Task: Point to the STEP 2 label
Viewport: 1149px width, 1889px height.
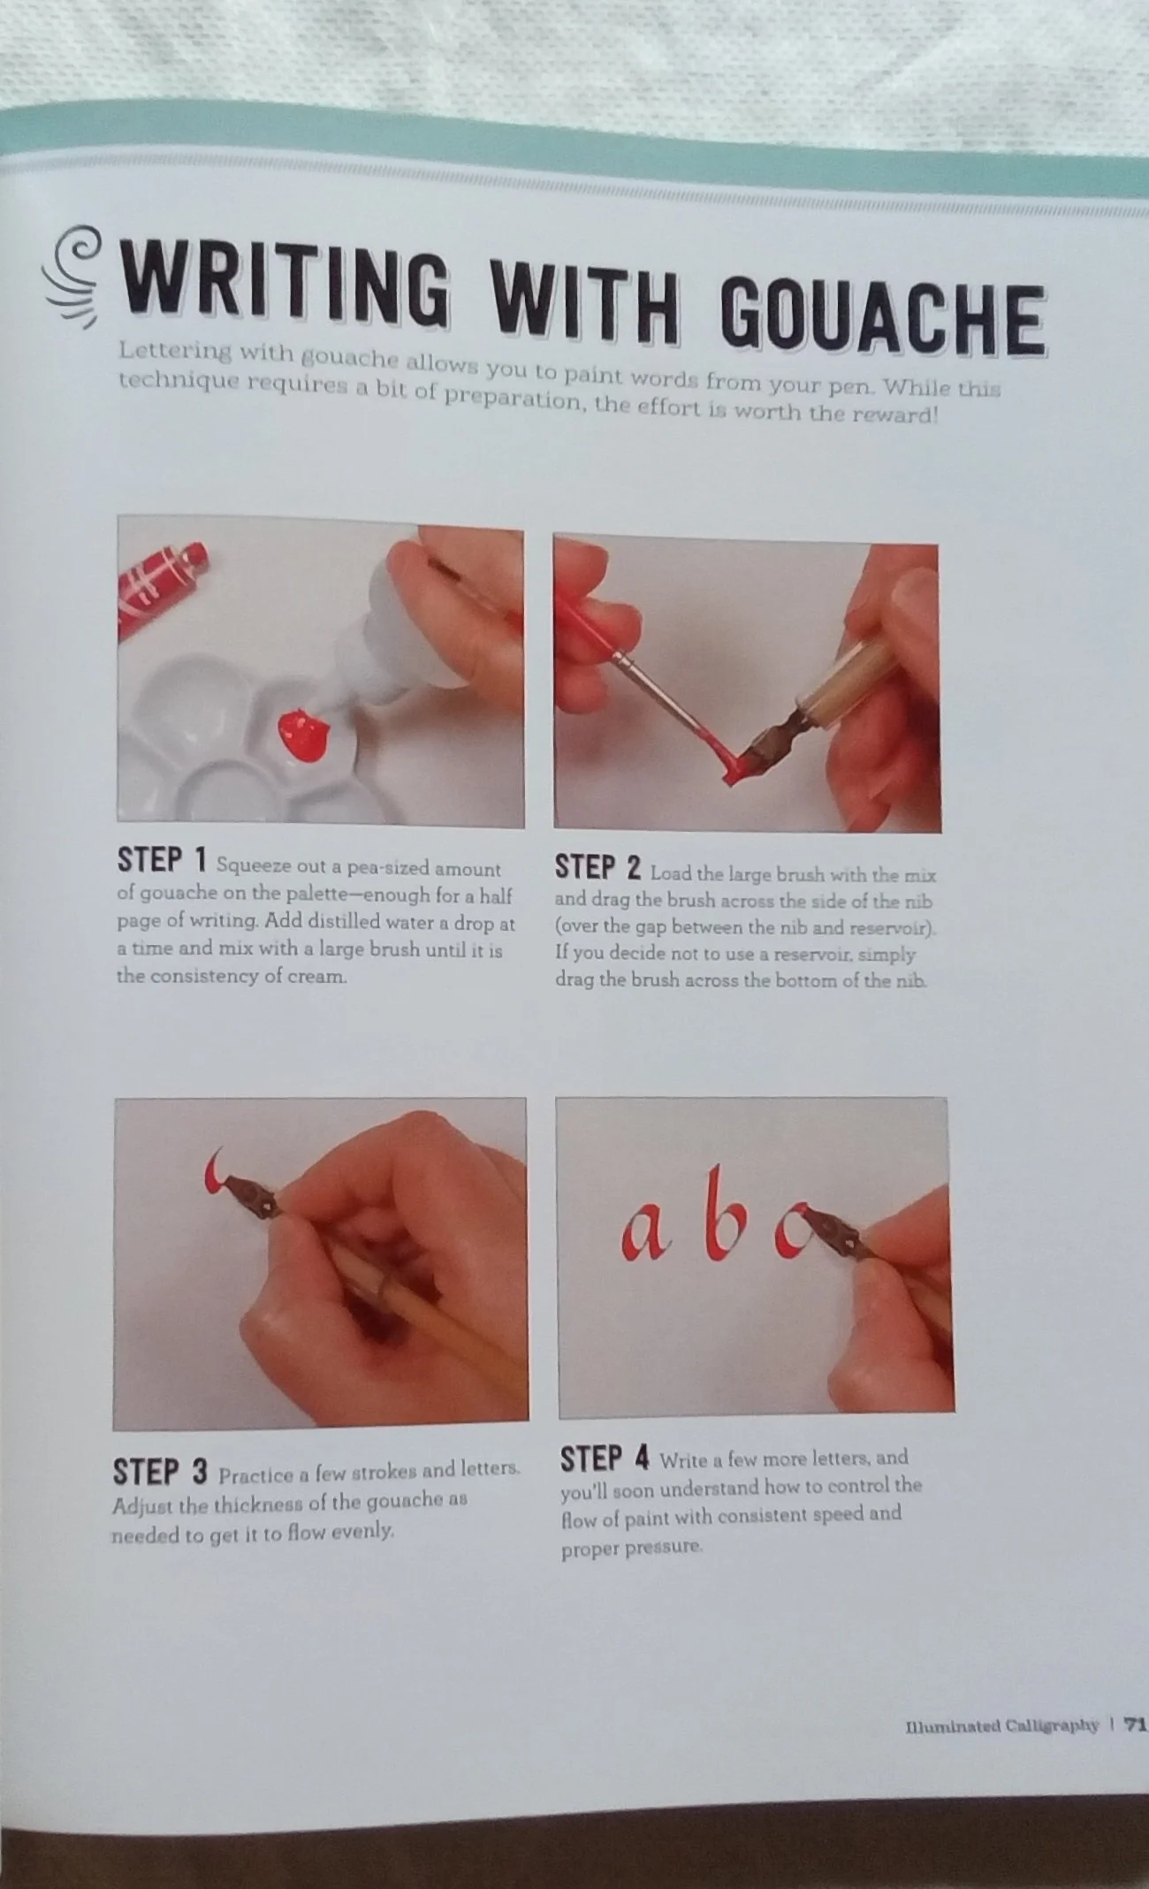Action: tap(597, 868)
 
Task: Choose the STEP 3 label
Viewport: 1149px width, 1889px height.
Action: tap(160, 1473)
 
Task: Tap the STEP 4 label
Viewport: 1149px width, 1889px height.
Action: tap(605, 1459)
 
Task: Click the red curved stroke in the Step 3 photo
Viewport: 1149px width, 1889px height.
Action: tap(216, 1175)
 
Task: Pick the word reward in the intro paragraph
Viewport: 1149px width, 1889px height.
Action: tap(894, 414)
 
